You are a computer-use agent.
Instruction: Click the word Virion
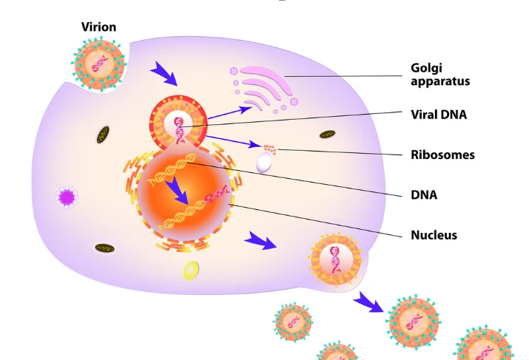pos(98,27)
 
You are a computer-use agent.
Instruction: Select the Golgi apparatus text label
pos(440,75)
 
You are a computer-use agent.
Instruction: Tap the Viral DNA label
pos(439,115)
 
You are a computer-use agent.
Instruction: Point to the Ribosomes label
pos(442,154)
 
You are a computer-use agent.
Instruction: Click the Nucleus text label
pos(434,235)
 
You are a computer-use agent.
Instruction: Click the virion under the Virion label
pos(99,64)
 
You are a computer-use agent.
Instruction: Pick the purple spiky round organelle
pos(67,197)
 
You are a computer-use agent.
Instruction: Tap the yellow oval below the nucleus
pos(191,271)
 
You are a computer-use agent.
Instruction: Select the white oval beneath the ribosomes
pos(264,163)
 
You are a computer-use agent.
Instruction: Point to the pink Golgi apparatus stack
pos(263,89)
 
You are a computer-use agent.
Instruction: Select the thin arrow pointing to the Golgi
pos(230,112)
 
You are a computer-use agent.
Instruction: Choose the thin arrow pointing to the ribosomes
pos(234,142)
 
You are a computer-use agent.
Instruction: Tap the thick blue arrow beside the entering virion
pos(164,73)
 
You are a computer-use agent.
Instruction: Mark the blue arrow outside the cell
pos(368,302)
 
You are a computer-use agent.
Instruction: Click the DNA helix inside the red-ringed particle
pos(179,130)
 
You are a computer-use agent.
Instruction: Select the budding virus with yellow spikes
pos(335,259)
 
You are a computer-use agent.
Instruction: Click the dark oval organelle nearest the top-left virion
pos(104,135)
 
